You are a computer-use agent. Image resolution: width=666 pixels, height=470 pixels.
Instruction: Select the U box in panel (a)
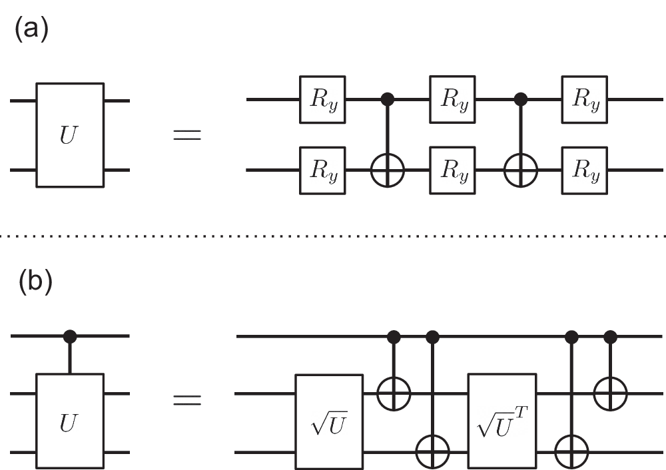[70, 135]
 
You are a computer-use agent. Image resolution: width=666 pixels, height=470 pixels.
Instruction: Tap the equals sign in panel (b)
[187, 400]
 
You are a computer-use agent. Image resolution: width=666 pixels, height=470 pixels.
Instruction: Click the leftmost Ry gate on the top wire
[322, 100]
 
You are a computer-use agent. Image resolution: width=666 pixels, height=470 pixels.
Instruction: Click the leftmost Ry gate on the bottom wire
[322, 171]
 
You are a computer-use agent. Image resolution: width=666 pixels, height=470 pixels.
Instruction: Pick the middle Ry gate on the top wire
[453, 100]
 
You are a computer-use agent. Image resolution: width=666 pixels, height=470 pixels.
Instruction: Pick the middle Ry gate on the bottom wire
[453, 171]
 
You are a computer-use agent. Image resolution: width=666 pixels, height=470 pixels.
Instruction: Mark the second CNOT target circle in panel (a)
[518, 171]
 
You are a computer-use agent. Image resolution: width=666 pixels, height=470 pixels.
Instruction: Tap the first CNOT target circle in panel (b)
[394, 393]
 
